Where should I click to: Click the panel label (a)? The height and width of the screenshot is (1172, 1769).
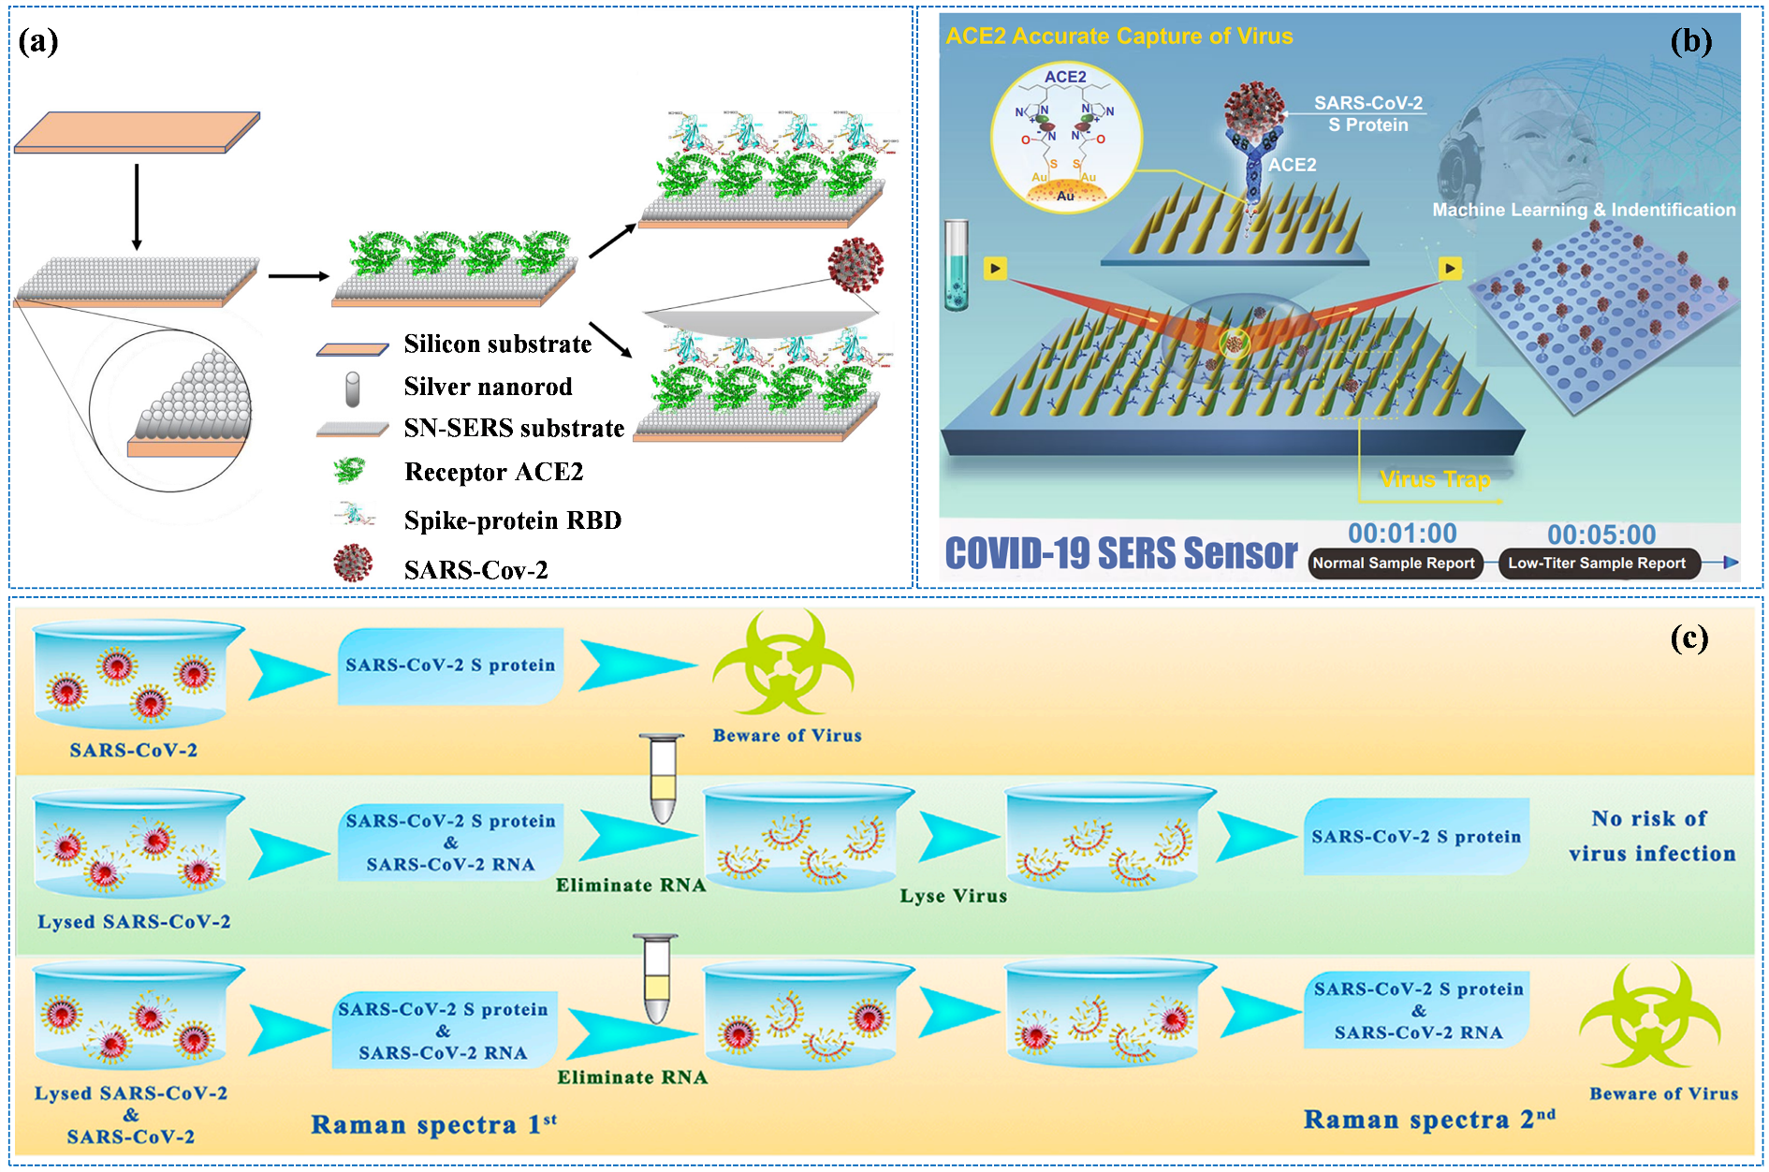(38, 41)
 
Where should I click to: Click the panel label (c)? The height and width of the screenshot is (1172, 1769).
(1689, 638)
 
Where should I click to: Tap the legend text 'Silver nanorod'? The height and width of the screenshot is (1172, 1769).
(488, 387)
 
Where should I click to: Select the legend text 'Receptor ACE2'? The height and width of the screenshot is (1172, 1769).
(493, 472)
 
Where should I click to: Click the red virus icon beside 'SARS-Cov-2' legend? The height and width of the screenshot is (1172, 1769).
(353, 564)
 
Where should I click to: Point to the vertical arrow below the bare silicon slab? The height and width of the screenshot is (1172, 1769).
(137, 207)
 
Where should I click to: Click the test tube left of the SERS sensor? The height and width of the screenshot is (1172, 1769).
(956, 265)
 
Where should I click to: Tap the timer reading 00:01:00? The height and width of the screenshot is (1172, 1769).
(1401, 534)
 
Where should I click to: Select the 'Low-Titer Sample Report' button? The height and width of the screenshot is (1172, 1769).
(1597, 564)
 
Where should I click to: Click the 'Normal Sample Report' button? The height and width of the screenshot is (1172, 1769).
(1393, 564)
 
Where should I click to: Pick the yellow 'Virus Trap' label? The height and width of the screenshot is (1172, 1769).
(1434, 479)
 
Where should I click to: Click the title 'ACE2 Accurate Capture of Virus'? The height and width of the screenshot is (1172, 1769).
(1118, 37)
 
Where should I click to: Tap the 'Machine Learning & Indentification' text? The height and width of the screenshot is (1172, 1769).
(1583, 210)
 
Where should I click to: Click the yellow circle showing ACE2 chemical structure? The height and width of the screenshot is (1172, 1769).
(1066, 139)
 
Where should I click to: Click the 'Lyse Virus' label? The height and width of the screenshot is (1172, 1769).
(953, 896)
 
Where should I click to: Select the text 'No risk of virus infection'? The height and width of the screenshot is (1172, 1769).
(1651, 836)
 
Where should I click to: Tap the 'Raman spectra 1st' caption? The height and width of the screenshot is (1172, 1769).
(432, 1124)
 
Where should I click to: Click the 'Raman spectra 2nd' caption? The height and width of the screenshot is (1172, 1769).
(1428, 1120)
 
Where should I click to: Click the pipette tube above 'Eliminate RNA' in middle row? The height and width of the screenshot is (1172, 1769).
(662, 779)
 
